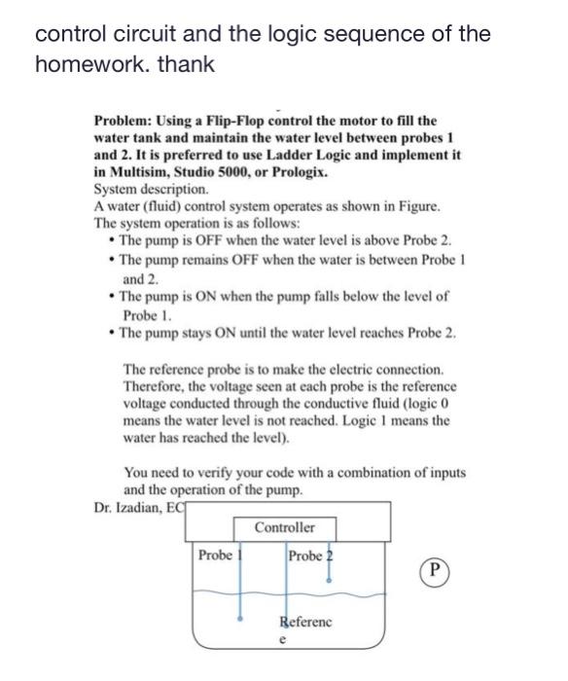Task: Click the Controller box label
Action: (285, 527)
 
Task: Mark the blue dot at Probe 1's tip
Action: (240, 616)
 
